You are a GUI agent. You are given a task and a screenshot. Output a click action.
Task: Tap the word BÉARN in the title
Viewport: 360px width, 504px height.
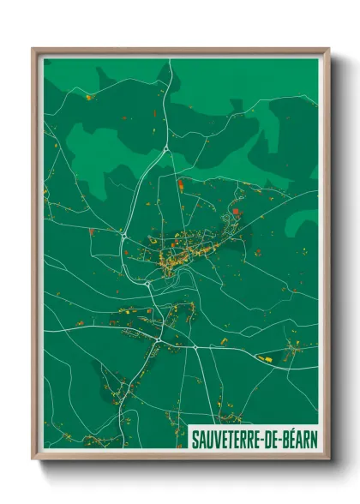(x=296, y=435)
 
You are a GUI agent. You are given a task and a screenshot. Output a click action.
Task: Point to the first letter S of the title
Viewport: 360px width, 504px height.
(x=195, y=435)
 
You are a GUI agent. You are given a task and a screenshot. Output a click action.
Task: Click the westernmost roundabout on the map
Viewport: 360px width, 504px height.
(x=125, y=234)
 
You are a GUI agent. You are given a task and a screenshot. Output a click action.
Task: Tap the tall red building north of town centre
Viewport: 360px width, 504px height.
(x=181, y=183)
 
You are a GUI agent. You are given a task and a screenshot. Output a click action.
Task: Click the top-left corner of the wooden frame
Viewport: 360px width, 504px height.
(x=33, y=49)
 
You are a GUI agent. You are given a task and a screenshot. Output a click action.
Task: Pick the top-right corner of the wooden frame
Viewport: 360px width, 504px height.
(x=328, y=49)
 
